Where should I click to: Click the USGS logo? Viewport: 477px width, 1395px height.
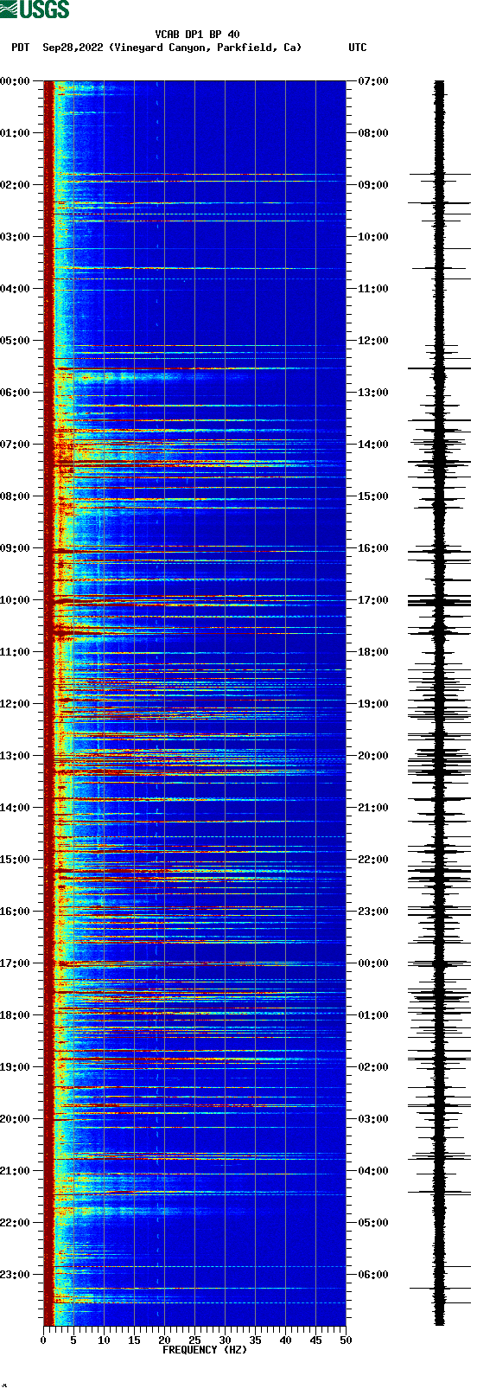[x=35, y=10]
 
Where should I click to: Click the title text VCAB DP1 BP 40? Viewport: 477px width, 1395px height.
[x=197, y=35]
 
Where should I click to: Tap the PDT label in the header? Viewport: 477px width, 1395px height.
[x=21, y=48]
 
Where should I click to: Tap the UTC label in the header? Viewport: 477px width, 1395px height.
[x=357, y=48]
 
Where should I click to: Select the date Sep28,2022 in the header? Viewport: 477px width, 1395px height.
[x=73, y=48]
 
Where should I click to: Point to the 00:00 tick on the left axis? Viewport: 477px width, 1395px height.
[x=16, y=81]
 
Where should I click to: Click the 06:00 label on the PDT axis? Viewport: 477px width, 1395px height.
[x=16, y=393]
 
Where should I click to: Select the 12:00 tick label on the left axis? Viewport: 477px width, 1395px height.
[x=16, y=704]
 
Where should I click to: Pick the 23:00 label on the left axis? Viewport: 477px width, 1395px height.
[x=16, y=1275]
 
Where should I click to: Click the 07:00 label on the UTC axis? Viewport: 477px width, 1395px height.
[x=373, y=81]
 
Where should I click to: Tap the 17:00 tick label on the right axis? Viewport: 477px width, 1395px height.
[x=373, y=600]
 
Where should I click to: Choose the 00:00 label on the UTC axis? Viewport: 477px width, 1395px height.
[x=373, y=963]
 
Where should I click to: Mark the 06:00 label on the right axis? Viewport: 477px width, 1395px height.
[x=373, y=1275]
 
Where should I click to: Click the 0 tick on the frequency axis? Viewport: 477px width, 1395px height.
[x=43, y=1341]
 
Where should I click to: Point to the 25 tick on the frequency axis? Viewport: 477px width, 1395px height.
[x=194, y=1341]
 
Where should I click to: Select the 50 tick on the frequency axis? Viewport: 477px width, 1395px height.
[x=346, y=1341]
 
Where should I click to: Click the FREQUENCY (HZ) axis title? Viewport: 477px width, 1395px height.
[x=204, y=1350]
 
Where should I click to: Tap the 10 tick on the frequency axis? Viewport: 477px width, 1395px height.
[x=104, y=1341]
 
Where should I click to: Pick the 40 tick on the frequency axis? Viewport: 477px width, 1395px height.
[x=285, y=1341]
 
